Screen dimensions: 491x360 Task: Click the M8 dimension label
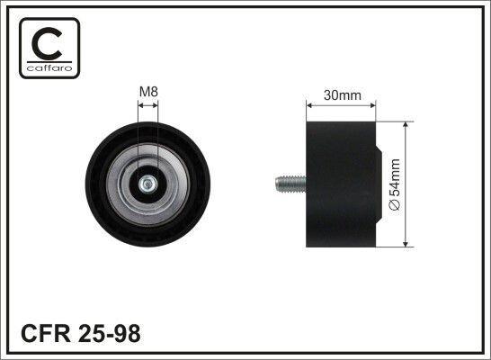(x=148, y=92)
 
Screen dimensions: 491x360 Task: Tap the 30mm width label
(x=343, y=95)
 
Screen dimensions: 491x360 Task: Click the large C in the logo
(x=47, y=43)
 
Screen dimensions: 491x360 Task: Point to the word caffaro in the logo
(x=49, y=68)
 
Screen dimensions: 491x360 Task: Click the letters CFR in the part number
(x=46, y=333)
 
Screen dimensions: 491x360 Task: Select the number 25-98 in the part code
(x=110, y=333)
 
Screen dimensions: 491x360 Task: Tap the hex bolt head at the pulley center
(x=147, y=184)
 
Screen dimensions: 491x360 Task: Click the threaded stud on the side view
(x=290, y=184)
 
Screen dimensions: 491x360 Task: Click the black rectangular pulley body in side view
(x=341, y=184)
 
